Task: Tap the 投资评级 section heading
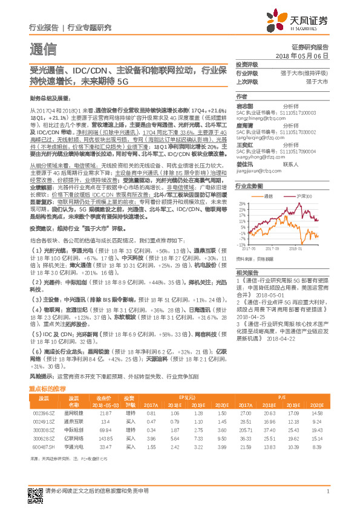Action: pyautogui.click(x=247, y=64)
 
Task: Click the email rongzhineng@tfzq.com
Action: pyautogui.click(x=257, y=118)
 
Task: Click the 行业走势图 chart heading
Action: pyautogui.click(x=249, y=187)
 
